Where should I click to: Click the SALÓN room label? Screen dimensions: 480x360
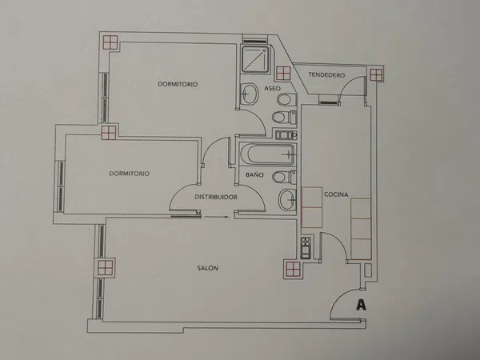click(207, 268)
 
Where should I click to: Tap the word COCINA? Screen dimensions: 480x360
click(336, 194)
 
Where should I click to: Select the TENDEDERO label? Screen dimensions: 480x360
click(326, 74)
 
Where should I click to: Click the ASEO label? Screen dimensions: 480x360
click(272, 88)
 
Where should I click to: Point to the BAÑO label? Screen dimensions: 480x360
click(254, 174)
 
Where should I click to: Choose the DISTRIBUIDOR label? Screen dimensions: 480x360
click(216, 197)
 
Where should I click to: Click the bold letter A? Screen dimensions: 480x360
click(362, 305)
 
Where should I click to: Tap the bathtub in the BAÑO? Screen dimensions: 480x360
click(267, 154)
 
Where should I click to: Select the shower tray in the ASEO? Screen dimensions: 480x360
click(256, 59)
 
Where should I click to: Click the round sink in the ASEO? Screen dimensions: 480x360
click(250, 93)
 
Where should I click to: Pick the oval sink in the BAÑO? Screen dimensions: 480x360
click(287, 199)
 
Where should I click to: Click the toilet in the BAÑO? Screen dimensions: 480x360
click(284, 177)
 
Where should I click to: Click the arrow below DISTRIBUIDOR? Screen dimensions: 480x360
click(217, 217)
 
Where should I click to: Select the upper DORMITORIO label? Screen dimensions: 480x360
click(178, 84)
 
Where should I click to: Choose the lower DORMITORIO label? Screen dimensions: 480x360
click(129, 174)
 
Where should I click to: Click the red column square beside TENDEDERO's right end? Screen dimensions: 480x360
click(376, 74)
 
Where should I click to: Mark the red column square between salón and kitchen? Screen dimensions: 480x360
click(293, 269)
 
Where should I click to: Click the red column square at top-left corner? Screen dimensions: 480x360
click(110, 42)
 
